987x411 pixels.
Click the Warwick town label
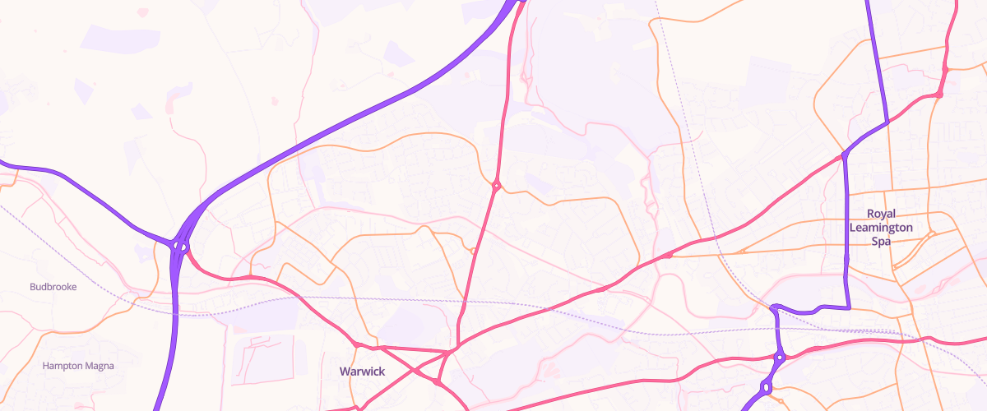362,372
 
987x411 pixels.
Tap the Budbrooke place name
53,288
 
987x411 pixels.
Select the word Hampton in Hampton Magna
63,366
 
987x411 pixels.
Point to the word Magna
99,366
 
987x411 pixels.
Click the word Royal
882,212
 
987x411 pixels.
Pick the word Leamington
882,227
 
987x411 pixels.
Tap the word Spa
882,242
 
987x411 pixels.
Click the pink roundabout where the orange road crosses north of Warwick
496,186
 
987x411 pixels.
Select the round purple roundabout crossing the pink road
780,358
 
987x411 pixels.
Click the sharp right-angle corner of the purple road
848,307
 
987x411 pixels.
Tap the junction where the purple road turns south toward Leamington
845,155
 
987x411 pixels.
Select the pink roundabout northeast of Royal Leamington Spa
938,95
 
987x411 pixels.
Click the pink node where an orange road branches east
669,256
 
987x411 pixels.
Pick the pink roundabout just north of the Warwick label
359,344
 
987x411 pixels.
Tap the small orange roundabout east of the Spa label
931,233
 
